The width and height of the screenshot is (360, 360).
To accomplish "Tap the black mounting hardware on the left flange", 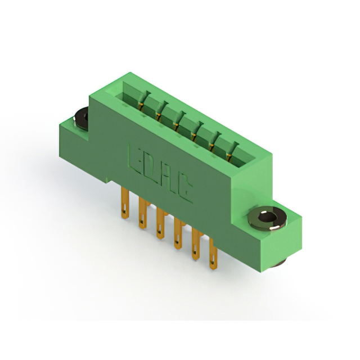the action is click(81, 119).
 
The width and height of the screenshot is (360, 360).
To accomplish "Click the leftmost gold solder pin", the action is click(125, 203).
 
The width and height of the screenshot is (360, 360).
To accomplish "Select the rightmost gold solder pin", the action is click(213, 254).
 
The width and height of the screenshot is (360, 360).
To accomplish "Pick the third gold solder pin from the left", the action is click(160, 223).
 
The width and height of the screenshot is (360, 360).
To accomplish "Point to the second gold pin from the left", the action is click(142, 213).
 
